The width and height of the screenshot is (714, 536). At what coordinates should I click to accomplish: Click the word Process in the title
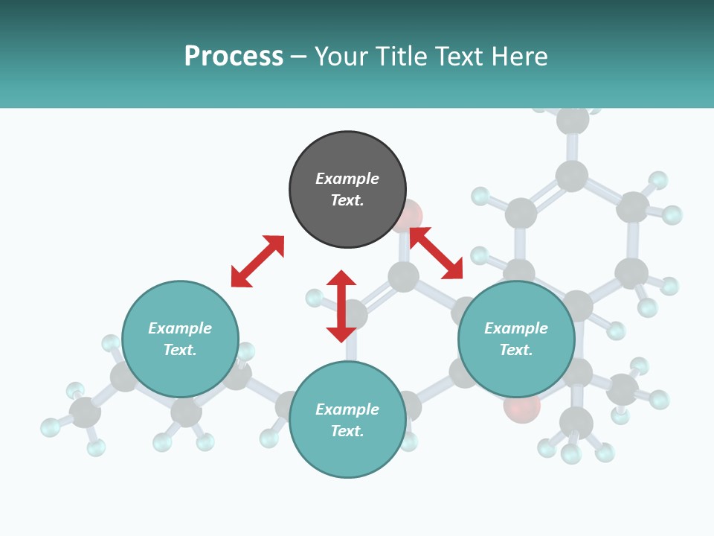234,57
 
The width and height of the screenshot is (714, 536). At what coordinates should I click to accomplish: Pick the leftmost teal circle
180,339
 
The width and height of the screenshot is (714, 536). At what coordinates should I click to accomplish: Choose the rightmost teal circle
516,339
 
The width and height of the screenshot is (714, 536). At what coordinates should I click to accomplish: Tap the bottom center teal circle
347,419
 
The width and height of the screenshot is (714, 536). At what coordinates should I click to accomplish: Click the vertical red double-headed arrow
341,306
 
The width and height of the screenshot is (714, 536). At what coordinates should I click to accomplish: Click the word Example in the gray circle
347,179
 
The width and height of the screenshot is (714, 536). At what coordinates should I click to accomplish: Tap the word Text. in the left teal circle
180,350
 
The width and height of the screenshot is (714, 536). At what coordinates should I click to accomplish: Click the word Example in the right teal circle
516,328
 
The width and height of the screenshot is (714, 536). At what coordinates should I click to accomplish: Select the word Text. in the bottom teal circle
347,431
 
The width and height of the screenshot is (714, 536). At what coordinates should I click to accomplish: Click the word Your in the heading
341,57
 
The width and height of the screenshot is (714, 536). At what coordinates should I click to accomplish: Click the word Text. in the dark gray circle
347,200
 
